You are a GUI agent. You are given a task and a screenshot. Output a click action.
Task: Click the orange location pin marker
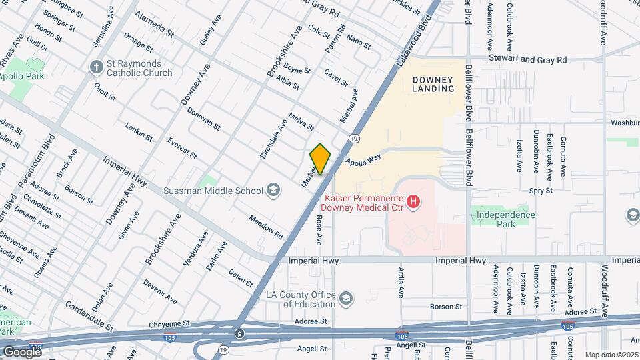point(320,159)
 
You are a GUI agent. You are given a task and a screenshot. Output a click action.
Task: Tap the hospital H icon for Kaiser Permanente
point(413,200)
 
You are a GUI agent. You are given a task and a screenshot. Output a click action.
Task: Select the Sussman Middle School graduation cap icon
point(272,191)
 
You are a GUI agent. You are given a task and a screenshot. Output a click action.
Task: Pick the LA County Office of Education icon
point(345,297)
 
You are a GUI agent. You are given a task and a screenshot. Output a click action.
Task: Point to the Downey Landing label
point(433,84)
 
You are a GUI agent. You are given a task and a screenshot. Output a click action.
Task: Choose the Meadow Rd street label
point(266,227)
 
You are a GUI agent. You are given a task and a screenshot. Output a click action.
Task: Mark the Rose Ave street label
point(319,229)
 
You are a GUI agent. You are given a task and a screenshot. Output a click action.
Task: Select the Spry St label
point(541,190)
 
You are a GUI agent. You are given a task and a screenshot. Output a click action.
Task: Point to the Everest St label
point(182,148)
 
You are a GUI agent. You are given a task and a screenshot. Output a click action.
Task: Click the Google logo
point(22,351)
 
